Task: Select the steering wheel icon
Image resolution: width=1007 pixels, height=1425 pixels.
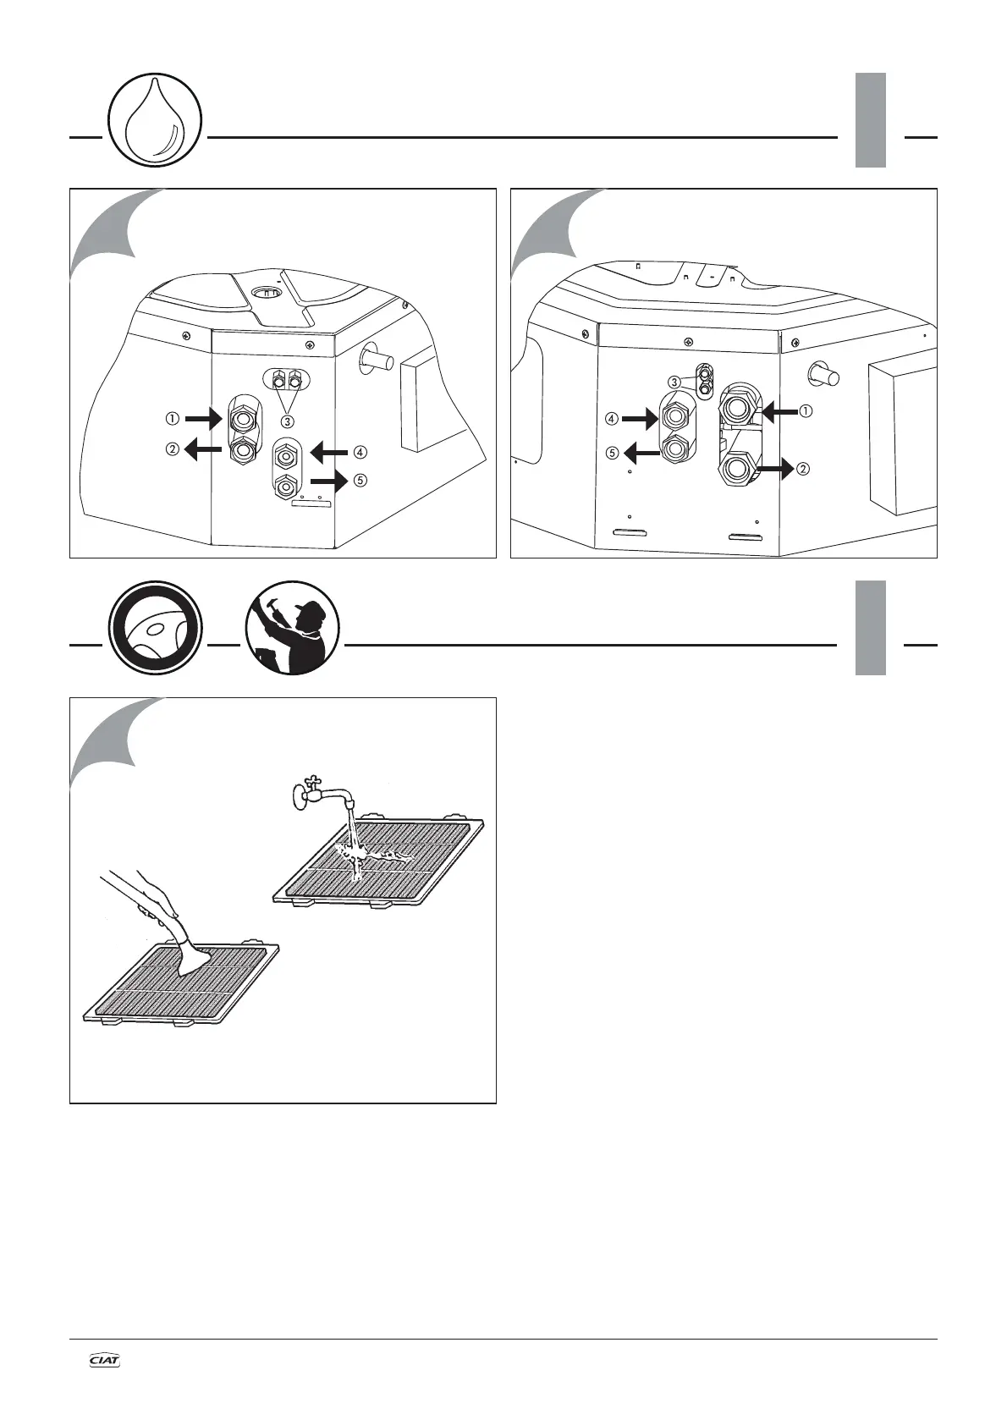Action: (155, 628)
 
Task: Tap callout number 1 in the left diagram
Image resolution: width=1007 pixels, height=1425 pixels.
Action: (173, 418)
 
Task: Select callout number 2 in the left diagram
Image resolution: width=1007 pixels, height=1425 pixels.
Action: (173, 450)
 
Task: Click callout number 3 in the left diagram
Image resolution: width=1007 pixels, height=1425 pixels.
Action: (289, 421)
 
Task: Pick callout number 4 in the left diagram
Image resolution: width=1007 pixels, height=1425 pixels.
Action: (361, 451)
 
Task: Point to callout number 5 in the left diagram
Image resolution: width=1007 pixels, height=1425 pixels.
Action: (361, 481)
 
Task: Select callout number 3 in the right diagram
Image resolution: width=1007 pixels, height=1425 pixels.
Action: (674, 382)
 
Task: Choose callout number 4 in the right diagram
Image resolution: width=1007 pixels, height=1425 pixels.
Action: (611, 418)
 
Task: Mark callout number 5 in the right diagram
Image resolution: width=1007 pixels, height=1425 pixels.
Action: (611, 453)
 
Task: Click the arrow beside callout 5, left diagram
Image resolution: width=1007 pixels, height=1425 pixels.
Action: (329, 482)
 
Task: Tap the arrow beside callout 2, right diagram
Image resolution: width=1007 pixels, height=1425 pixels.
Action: (774, 467)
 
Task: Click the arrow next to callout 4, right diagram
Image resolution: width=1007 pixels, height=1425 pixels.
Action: (641, 417)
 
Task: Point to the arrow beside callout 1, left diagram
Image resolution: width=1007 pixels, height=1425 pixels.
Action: (203, 417)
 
